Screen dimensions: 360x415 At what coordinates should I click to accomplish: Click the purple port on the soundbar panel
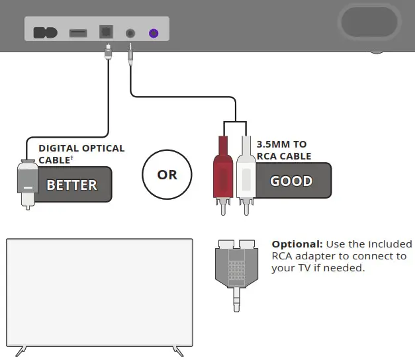[x=154, y=32]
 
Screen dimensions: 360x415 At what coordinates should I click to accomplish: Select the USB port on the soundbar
[x=78, y=32]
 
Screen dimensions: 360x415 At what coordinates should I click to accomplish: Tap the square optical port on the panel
[x=106, y=32]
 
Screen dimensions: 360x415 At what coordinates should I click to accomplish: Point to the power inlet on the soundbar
[x=45, y=32]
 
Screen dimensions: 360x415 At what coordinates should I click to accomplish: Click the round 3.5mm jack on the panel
[x=131, y=32]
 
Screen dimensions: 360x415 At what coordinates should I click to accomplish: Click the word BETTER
[x=71, y=185]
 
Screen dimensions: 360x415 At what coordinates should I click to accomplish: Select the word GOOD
[x=291, y=181]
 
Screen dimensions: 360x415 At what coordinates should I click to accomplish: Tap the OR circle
[x=167, y=175]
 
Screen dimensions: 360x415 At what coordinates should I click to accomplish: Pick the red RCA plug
[x=221, y=169]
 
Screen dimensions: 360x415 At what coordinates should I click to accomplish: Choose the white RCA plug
[x=246, y=169]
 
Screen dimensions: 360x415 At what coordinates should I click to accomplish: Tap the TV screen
[x=99, y=291]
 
